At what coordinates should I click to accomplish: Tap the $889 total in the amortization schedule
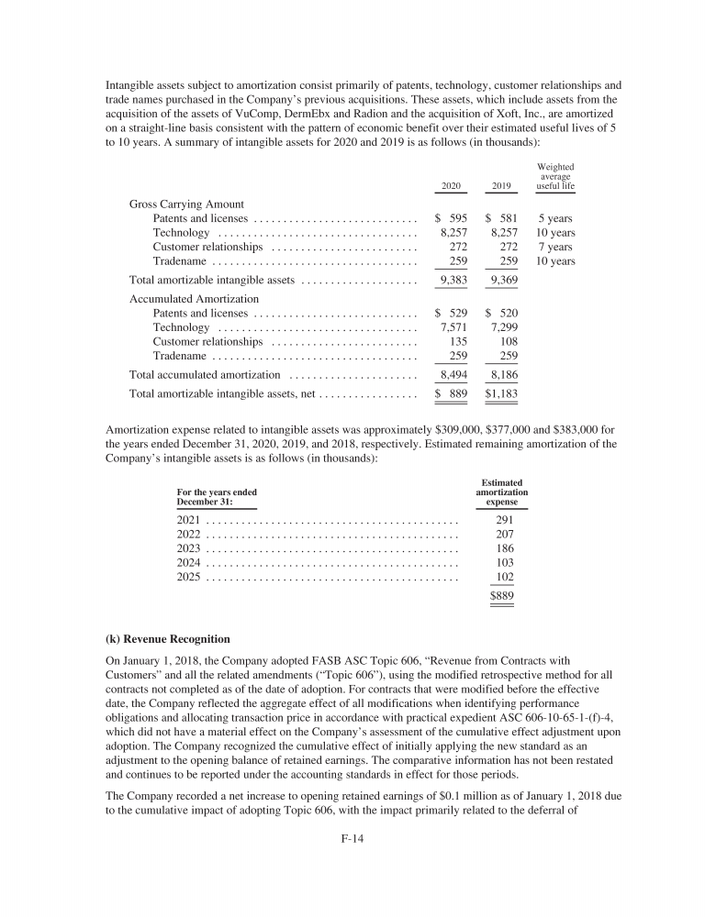tap(501, 596)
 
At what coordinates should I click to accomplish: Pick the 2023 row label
tap(188, 547)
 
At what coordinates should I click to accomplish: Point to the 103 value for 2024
tap(504, 562)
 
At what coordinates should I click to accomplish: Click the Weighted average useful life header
tap(555, 177)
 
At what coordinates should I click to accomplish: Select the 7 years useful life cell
tap(555, 248)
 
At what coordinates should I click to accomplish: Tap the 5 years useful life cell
tap(555, 219)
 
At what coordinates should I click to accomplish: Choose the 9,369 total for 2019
tap(502, 280)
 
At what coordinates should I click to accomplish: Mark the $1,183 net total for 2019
tap(501, 393)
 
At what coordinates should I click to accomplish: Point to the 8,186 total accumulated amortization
tap(502, 375)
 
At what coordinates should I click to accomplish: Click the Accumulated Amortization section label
tap(194, 299)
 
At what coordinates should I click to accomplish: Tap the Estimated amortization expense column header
tap(501, 492)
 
